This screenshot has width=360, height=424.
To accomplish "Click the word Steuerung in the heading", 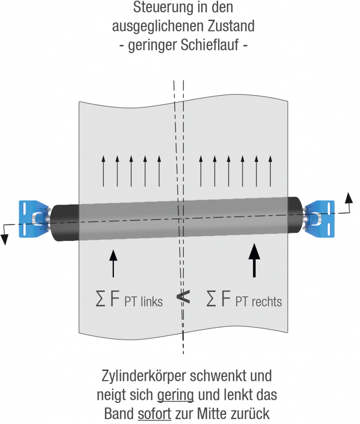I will (152, 7).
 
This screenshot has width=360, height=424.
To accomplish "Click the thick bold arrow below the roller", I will (253, 260).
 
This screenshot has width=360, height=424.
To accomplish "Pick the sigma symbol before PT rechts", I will (212, 299).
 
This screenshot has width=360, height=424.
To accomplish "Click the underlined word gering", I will (175, 395).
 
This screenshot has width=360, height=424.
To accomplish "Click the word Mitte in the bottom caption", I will (227, 414).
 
